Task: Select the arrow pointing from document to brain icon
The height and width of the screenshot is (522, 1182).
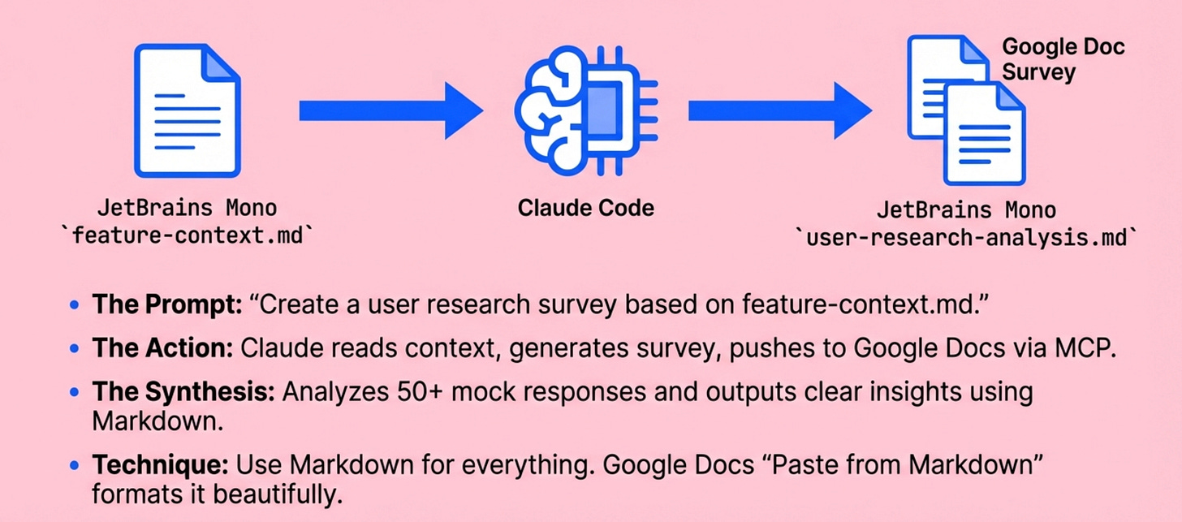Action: click(x=390, y=110)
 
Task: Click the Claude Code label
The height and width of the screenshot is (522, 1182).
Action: click(x=586, y=208)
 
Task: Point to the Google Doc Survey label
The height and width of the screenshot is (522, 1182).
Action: click(x=1063, y=58)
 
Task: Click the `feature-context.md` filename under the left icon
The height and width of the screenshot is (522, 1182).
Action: click(x=186, y=236)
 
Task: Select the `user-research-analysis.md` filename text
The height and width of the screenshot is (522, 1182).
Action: click(x=967, y=239)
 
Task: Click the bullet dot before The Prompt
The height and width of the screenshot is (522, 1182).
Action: click(x=75, y=307)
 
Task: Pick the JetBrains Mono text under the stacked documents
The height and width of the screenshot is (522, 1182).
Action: click(x=966, y=211)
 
